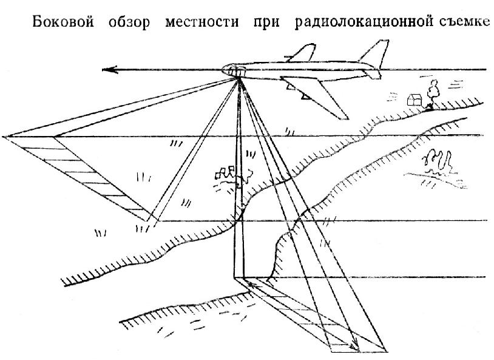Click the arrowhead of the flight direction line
(109, 70)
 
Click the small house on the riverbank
(415, 100)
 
